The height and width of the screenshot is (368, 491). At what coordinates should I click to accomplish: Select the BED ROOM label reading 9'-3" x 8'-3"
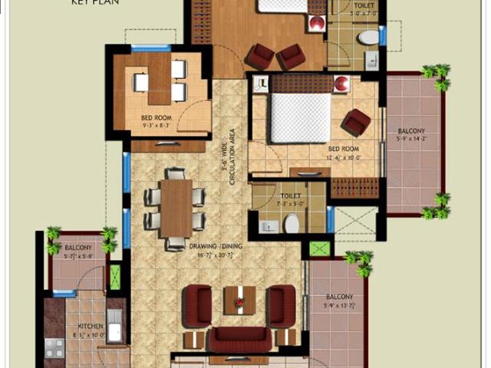click(157, 118)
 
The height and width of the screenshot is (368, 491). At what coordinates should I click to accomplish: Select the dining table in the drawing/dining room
click(176, 208)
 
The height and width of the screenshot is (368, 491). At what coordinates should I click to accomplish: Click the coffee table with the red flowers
click(239, 300)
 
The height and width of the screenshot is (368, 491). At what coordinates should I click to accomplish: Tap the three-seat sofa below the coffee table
click(239, 338)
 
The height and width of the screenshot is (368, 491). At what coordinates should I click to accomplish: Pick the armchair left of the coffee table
click(198, 304)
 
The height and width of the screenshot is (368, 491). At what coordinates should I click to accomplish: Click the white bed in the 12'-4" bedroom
click(299, 117)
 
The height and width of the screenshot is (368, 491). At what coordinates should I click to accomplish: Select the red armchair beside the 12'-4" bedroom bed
click(357, 121)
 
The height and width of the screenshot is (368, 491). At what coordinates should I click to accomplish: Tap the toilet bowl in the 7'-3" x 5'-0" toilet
click(292, 223)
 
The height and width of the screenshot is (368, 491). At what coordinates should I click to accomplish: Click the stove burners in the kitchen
click(54, 348)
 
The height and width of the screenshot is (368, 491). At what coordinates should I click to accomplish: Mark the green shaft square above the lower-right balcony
click(319, 248)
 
